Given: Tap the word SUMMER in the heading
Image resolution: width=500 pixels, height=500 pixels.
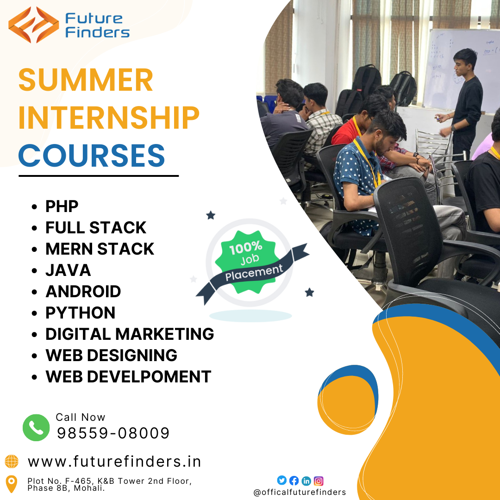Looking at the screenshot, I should (x=86, y=80).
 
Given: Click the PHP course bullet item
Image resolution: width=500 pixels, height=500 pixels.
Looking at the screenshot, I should (x=62, y=206).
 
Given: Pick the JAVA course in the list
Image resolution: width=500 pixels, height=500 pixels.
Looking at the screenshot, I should (x=68, y=270).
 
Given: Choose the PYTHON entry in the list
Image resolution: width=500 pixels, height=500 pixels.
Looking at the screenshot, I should (x=80, y=313).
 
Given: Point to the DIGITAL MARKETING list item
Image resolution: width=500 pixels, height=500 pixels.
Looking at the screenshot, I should (x=129, y=334).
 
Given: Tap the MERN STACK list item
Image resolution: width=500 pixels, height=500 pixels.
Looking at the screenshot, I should (x=100, y=249).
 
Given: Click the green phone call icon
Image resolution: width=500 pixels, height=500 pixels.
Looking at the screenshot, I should (x=36, y=427).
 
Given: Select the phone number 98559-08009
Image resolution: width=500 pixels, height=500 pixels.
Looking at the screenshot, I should (x=113, y=433).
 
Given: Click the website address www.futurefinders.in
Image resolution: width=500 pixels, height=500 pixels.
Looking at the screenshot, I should (x=114, y=462).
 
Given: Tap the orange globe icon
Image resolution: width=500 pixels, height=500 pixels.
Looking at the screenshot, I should (x=12, y=462).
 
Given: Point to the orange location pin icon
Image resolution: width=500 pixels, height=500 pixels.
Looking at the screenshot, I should (x=12, y=484).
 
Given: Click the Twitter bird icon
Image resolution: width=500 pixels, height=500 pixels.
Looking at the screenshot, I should (x=281, y=481).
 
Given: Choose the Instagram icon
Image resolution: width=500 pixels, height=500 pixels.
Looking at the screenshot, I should (x=319, y=481).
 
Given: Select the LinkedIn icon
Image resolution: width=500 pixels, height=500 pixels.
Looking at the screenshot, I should (x=306, y=481).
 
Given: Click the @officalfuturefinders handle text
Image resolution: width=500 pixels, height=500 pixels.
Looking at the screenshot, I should (x=300, y=492).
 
